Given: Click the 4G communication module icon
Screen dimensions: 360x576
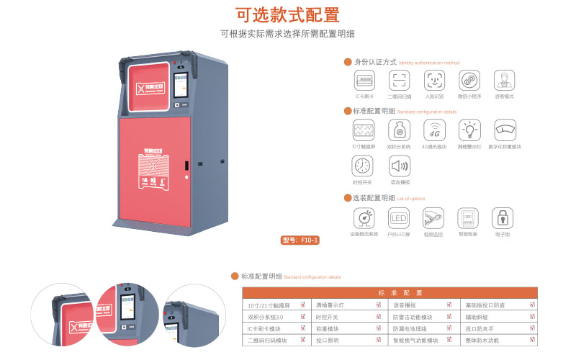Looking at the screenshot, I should tap(434, 130).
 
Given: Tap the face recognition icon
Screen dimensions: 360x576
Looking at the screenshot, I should tap(434, 79).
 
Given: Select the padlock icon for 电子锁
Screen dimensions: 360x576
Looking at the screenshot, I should tap(502, 217).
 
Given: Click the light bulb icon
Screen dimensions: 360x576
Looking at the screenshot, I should tap(469, 130).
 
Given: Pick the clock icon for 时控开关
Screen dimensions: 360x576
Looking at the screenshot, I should tap(363, 166).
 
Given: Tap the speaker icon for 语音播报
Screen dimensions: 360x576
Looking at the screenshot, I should tap(399, 166).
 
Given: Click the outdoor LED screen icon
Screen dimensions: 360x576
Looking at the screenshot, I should tap(399, 217).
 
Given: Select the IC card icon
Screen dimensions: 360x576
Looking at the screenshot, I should tap(364, 79).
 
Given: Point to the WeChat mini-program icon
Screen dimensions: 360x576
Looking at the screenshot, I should tap(469, 79).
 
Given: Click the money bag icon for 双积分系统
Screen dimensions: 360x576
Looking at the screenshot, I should tap(399, 130).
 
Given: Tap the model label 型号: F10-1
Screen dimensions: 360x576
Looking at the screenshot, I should tap(300, 240).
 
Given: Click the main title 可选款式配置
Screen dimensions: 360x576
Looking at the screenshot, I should tap(287, 15).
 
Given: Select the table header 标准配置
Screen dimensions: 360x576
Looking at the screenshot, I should tap(389, 293).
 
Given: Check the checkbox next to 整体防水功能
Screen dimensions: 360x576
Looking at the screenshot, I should tap(533, 340).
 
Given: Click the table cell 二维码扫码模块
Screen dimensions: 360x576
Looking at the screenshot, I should tap(267, 340).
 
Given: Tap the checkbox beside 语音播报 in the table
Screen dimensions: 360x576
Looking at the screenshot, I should tap(455, 305).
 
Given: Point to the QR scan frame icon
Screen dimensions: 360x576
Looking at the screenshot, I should tap(399, 79).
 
